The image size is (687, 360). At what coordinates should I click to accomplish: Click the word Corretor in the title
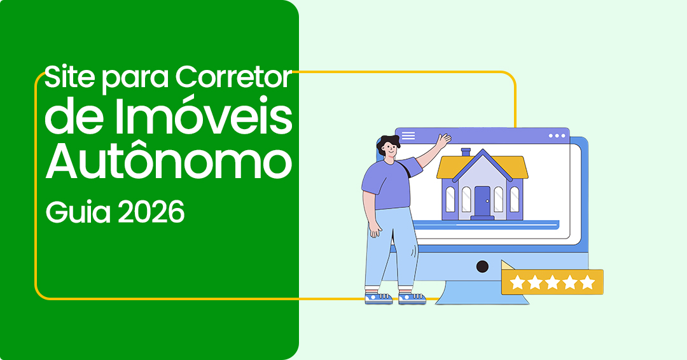(234, 77)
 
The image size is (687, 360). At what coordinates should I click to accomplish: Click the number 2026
(151, 212)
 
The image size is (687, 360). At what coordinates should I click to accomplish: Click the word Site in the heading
(69, 77)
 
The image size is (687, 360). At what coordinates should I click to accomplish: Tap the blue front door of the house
(482, 201)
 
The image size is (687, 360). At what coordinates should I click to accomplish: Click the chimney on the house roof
(466, 153)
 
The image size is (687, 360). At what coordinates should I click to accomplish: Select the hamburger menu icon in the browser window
(408, 135)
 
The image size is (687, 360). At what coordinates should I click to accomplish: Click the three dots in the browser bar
(557, 135)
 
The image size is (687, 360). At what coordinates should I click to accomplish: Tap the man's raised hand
(443, 140)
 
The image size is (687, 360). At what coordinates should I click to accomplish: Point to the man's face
(389, 151)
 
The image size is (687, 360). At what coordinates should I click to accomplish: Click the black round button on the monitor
(482, 267)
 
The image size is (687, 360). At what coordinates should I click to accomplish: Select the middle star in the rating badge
(552, 282)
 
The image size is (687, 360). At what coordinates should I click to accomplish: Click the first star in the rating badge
(517, 282)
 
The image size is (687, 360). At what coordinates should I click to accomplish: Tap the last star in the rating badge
(587, 282)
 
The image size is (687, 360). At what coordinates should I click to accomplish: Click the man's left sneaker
(378, 298)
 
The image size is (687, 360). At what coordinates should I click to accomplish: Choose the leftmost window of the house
(450, 199)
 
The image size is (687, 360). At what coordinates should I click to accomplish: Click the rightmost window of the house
(515, 199)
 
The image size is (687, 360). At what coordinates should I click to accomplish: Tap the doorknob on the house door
(487, 201)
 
